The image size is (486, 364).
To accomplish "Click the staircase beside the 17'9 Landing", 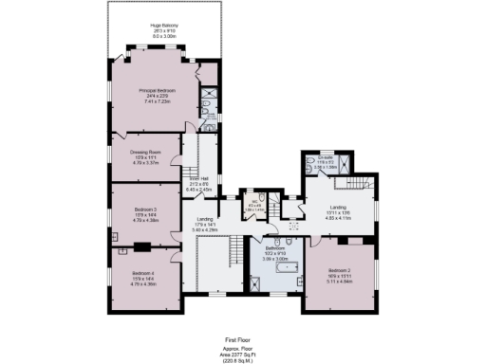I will (x=234, y=251).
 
